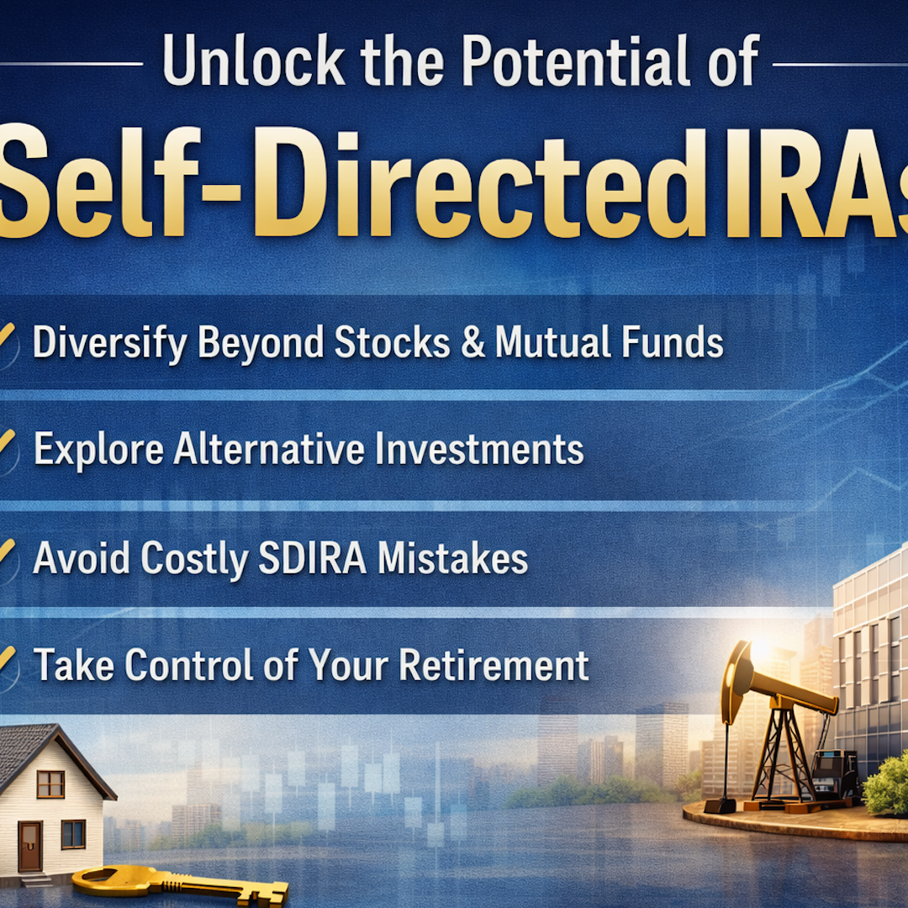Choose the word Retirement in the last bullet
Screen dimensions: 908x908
tap(494, 665)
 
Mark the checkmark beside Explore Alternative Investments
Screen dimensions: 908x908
tap(7, 444)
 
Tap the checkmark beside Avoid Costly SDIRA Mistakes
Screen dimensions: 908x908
tap(7, 552)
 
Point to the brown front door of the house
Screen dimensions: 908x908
tap(29, 846)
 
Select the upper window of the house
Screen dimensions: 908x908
tap(50, 784)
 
